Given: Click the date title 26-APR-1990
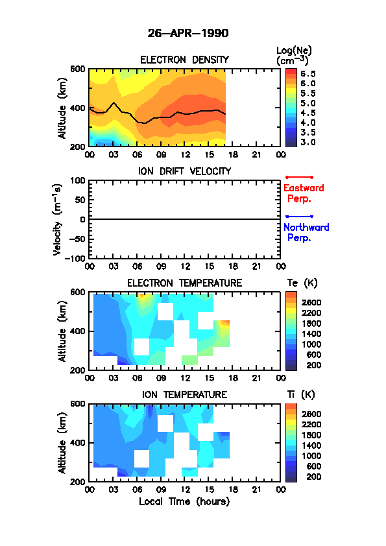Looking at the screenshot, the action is click(188, 33).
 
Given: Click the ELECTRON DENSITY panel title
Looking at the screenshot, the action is click(184, 60).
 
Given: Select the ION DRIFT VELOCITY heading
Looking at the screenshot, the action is click(185, 171).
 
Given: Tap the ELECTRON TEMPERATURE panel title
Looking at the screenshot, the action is click(184, 283).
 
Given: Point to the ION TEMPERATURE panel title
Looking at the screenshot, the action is click(184, 394).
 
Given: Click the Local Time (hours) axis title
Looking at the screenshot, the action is click(184, 501).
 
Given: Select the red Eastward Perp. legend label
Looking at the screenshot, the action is click(304, 193).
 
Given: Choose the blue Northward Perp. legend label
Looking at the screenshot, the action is click(306, 233).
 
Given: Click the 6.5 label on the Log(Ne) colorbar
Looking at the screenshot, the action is click(308, 74).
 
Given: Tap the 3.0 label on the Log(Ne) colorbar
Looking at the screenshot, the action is click(308, 142).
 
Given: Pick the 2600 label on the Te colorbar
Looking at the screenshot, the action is click(311, 302).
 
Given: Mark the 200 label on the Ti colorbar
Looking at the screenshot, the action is click(313, 477).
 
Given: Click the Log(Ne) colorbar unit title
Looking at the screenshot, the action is click(294, 56).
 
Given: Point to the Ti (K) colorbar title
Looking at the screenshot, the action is click(301, 394).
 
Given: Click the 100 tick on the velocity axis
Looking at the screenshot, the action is click(78, 180).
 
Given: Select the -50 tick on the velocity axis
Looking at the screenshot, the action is click(77, 239).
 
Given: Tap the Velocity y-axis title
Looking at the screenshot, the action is click(58, 220).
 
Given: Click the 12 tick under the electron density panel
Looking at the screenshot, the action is click(185, 154).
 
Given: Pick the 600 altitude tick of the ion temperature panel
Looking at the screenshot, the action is click(78, 403).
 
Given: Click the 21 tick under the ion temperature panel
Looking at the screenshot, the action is click(256, 489).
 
